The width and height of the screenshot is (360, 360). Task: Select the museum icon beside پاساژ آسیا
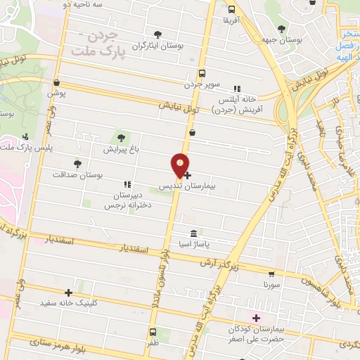[193, 233]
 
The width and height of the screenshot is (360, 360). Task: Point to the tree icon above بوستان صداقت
[77, 164]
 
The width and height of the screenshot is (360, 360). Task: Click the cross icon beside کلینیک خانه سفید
[69, 292]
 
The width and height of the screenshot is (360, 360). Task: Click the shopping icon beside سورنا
[272, 274]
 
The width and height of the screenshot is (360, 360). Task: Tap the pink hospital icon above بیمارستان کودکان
[256, 318]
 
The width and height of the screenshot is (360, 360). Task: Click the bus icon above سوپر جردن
[202, 73]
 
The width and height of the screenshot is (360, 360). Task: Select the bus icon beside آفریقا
[232, 9]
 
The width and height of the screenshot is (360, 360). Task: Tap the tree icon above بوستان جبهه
[281, 29]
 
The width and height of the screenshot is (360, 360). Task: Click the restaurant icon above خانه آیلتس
[237, 89]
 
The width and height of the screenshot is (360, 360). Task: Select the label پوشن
[56, 93]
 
